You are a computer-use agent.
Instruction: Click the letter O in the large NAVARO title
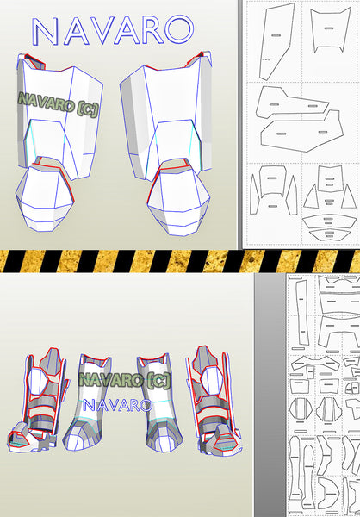pos(179,29)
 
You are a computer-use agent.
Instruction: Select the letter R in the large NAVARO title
pos(152,30)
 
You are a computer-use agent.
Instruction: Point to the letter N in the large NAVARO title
pos(45,31)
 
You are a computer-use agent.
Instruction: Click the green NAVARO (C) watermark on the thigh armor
pos(59,104)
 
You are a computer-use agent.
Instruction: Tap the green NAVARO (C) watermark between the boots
pos(125,380)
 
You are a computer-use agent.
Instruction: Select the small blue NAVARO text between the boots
pos(118,405)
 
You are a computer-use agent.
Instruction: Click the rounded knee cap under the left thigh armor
pos(44,197)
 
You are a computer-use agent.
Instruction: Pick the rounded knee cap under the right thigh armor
pos(178,201)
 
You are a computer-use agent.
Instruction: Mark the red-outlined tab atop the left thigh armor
pos(34,61)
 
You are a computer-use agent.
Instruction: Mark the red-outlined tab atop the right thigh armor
pos(199,59)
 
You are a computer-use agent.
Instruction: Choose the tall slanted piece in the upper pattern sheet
pos(276,41)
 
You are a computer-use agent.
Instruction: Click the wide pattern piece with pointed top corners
pos(330,29)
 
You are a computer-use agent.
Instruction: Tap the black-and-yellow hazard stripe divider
pos(180,261)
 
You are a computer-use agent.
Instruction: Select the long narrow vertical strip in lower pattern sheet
pos(302,313)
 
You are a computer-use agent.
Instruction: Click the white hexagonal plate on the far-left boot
pos(39,381)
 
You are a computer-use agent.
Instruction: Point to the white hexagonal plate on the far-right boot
pos(211,381)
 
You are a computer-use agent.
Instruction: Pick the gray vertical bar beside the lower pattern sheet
pos(270,395)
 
